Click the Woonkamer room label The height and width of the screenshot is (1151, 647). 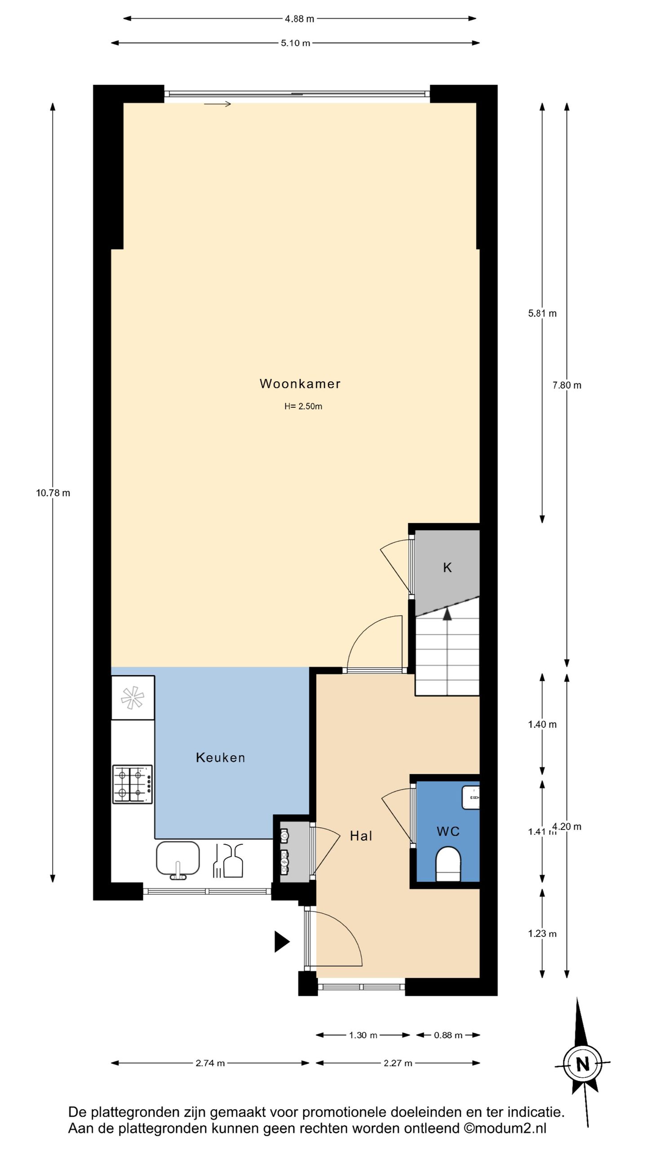tap(300, 384)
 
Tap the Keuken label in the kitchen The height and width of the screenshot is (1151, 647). tap(220, 758)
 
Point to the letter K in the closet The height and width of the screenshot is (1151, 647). tap(448, 568)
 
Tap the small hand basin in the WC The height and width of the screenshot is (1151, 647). tap(470, 798)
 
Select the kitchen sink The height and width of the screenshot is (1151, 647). tap(177, 859)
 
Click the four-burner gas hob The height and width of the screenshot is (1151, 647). tap(133, 784)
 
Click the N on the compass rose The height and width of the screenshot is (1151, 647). tap(583, 1065)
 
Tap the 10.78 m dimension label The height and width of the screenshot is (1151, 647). tap(53, 493)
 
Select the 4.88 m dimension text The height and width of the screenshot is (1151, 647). tap(300, 19)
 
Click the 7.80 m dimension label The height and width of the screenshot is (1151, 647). tap(567, 385)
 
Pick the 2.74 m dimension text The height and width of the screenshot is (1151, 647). tap(210, 1063)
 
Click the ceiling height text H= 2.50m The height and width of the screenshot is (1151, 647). tap(303, 406)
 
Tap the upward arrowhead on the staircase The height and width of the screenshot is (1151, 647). tap(447, 614)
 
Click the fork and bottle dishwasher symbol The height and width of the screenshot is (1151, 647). tap(228, 861)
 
